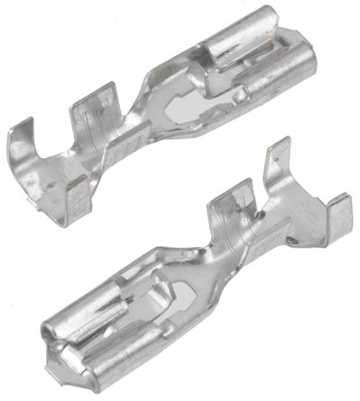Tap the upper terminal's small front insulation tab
(x=76, y=191)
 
